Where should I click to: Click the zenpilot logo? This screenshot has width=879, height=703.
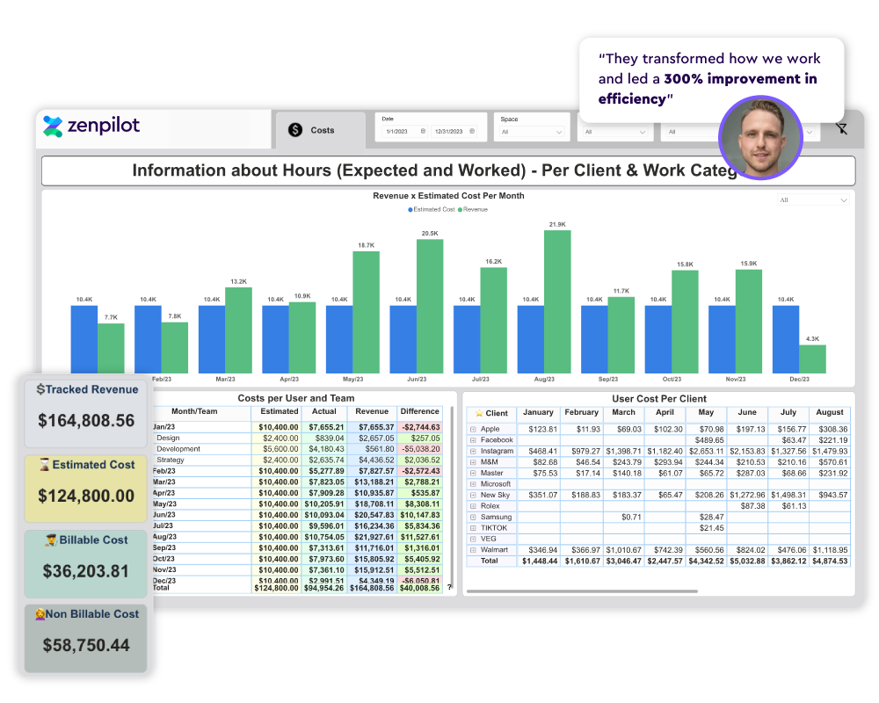point(91,126)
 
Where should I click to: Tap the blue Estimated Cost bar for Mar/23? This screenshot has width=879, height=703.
point(211,339)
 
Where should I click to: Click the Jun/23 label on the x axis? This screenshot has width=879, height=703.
point(417,379)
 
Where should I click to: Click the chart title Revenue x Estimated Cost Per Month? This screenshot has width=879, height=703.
point(448,196)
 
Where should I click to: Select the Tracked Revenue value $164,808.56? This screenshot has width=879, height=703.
point(86,421)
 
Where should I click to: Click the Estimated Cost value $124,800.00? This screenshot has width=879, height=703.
point(86,496)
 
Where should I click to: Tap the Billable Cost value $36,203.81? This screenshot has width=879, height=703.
point(86,571)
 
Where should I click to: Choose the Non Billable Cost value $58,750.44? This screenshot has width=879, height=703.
point(86,646)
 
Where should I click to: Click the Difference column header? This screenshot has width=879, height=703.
point(419,411)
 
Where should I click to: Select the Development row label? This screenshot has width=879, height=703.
point(178,449)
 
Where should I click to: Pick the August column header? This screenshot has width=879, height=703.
point(830,412)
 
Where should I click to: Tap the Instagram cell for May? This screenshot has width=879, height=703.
point(708,451)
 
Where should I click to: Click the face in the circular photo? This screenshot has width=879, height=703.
point(760,141)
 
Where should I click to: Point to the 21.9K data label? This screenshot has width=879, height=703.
point(557,225)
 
